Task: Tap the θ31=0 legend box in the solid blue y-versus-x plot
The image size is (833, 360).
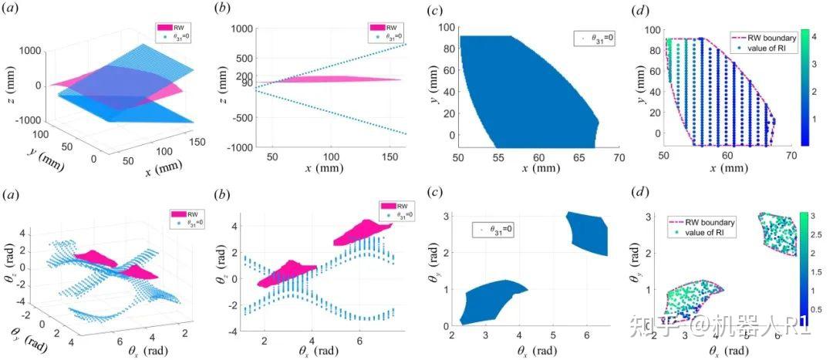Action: [x=592, y=36]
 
